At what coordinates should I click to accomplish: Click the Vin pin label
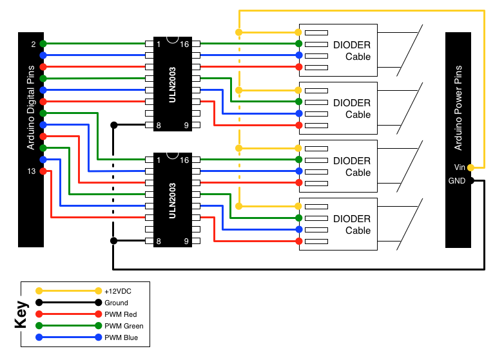(459, 167)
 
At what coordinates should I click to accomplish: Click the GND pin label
(457, 180)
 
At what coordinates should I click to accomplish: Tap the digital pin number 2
(33, 44)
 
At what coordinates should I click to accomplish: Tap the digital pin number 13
(32, 171)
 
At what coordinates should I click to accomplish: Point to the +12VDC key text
(118, 291)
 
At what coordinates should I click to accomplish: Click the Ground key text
(116, 303)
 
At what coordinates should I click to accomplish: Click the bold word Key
(22, 314)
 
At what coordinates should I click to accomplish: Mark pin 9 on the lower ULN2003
(186, 241)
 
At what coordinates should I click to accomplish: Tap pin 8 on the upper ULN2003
(158, 125)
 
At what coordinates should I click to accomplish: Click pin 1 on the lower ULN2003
(158, 160)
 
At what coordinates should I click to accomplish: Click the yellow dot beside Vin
(470, 167)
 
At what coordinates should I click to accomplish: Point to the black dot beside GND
(470, 180)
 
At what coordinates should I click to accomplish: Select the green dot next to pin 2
(43, 44)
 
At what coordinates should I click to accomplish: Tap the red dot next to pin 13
(43, 171)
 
